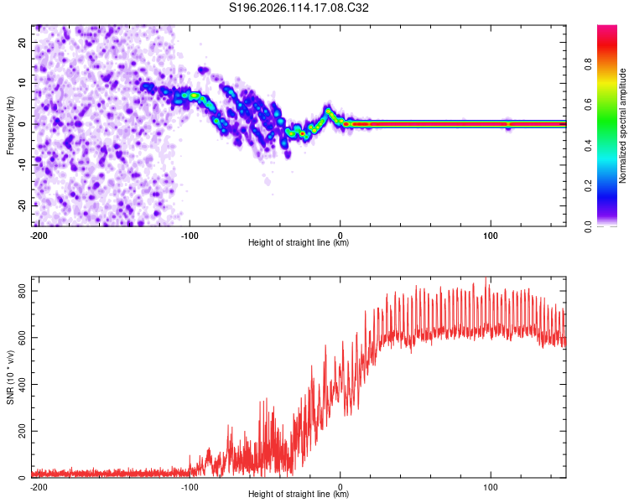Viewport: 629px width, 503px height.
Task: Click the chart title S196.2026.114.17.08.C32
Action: point(299,8)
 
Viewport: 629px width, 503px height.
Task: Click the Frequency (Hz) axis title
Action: point(10,126)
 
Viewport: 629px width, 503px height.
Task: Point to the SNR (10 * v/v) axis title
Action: point(10,377)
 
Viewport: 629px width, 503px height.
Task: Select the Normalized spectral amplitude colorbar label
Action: point(622,126)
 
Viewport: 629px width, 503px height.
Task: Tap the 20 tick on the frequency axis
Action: point(23,42)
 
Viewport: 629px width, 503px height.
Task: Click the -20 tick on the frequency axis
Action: point(23,205)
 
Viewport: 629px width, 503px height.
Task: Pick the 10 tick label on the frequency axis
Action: point(23,83)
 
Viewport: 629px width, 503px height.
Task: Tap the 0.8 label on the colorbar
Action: point(588,65)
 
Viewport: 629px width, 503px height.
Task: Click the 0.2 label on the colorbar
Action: point(588,186)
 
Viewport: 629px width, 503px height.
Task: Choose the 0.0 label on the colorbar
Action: point(588,226)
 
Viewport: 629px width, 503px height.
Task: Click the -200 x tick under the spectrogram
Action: point(39,236)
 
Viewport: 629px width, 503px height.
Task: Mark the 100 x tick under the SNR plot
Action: point(491,487)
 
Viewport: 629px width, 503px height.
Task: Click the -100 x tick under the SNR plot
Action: point(190,487)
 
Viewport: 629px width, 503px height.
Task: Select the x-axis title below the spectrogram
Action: point(299,242)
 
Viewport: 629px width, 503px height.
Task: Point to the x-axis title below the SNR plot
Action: point(299,494)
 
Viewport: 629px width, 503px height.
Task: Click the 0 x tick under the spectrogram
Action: point(340,236)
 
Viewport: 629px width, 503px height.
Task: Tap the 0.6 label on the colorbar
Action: point(588,105)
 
